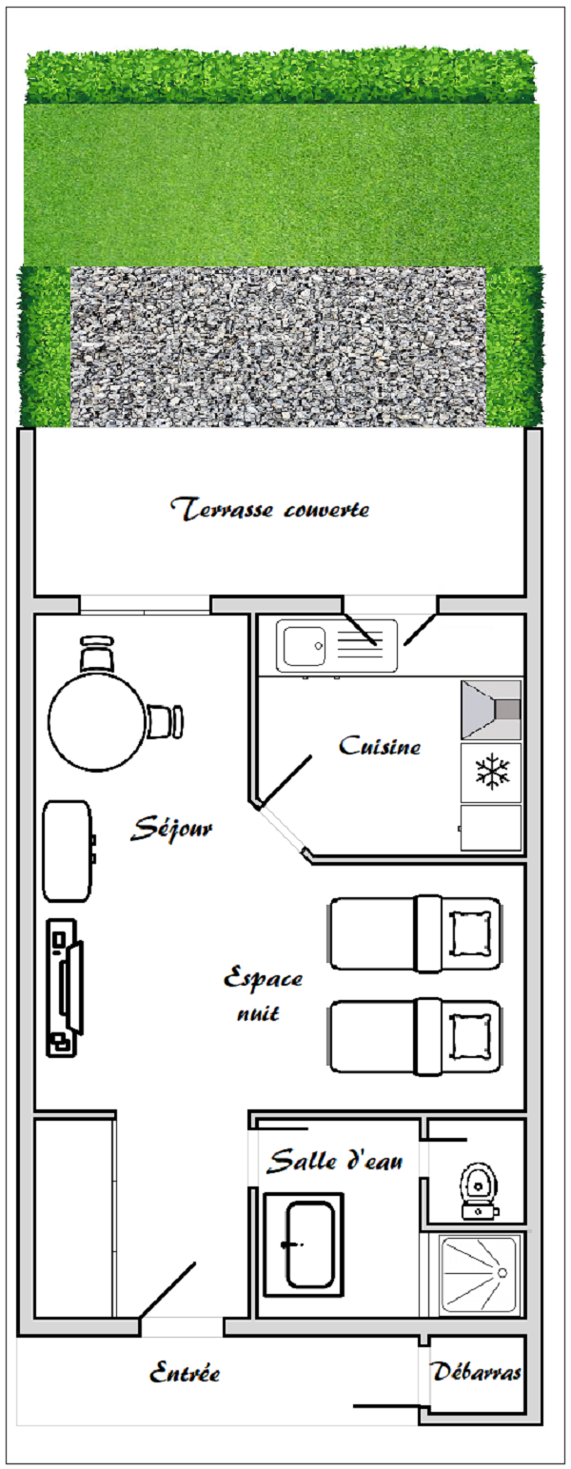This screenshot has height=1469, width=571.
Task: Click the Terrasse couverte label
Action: click(271, 509)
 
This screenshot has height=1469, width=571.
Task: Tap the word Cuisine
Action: click(380, 747)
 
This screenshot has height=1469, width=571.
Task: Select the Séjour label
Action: click(172, 829)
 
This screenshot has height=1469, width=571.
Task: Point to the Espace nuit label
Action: click(263, 993)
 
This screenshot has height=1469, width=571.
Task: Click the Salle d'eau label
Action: click(335, 1161)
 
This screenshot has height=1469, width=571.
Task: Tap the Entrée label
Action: click(186, 1374)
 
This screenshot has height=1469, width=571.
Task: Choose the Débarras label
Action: click(477, 1373)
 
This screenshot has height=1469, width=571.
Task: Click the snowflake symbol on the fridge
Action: click(491, 773)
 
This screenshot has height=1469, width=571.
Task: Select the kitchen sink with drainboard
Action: click(337, 646)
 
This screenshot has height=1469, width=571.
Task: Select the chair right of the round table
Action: click(165, 721)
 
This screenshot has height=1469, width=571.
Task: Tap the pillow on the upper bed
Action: click(474, 932)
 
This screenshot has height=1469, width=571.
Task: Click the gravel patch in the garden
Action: click(278, 346)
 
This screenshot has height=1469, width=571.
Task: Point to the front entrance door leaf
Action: click(168, 1290)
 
